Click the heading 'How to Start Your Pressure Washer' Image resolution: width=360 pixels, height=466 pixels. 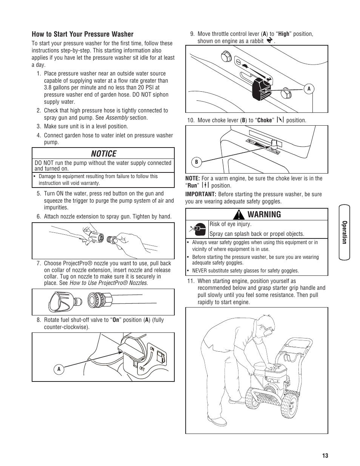pos(82,34)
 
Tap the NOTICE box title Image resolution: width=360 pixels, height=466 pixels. pos(103,154)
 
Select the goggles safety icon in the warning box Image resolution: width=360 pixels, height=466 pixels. pos(197,228)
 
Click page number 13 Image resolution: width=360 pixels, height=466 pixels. pos(325,455)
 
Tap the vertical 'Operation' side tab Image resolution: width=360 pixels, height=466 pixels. pos(344,232)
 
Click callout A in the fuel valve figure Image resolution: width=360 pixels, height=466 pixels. pos(58,369)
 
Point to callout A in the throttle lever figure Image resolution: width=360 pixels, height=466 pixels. pos(309,89)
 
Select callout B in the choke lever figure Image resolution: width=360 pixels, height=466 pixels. pos(196,162)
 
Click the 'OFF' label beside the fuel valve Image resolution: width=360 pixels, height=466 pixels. pos(142,368)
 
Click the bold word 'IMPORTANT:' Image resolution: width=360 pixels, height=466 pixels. pos(200,194)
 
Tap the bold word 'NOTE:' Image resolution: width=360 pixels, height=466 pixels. pos(192,178)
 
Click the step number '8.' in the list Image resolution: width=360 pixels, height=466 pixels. pos(38,320)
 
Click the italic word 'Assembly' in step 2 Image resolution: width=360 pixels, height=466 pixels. pos(117,118)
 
